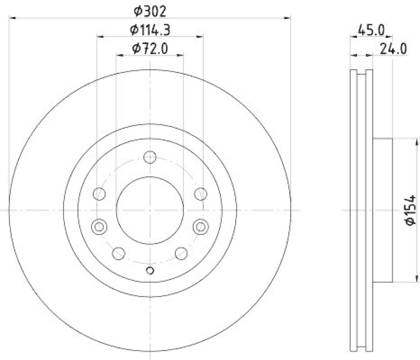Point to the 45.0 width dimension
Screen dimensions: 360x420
coord(371,30)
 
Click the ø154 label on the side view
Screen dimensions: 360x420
coord(410,210)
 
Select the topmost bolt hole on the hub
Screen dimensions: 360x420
coord(150,157)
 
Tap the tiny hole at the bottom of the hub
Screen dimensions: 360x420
coord(150,270)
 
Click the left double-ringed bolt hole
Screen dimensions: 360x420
coord(99,227)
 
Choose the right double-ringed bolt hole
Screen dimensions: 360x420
coord(201,227)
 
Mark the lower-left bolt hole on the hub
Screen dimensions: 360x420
coord(119,253)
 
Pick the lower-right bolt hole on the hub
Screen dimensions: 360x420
coord(181,253)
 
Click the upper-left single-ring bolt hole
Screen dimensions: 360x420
coord(99,194)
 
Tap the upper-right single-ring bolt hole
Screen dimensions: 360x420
coord(201,194)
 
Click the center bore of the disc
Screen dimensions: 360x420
coord(150,210)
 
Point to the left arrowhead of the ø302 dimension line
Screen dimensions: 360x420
coord(13,18)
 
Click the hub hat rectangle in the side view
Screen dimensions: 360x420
coord(382,210)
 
